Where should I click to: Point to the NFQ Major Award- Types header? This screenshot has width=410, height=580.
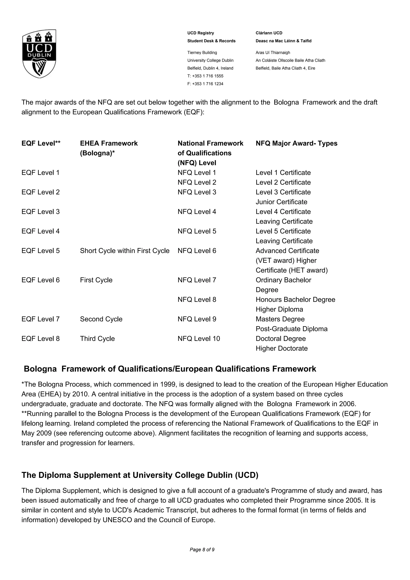point(296,143)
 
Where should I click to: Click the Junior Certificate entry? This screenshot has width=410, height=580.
point(281,202)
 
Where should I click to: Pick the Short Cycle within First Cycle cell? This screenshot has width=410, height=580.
point(125,251)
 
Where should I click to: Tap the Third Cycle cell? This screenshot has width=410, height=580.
point(97,338)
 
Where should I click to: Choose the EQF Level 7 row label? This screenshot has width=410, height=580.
point(40,319)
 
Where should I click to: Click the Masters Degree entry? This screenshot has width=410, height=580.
point(280,319)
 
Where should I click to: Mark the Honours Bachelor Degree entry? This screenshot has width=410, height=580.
point(295,300)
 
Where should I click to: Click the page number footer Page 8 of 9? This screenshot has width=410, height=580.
point(202,557)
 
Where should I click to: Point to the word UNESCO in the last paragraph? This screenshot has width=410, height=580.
point(117,520)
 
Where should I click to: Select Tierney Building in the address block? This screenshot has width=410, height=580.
point(202,52)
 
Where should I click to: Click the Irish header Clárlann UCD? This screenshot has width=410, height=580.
point(269,33)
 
